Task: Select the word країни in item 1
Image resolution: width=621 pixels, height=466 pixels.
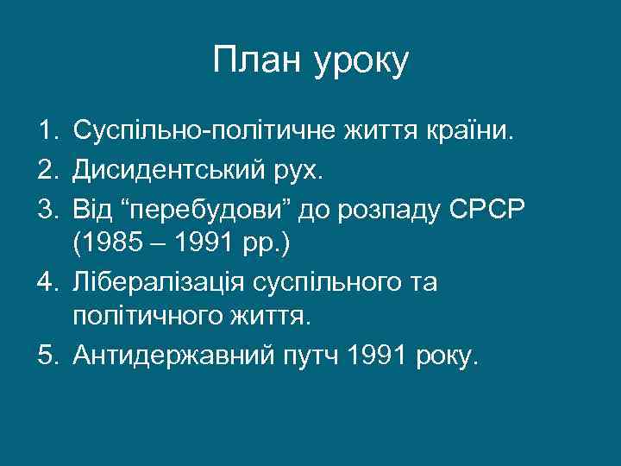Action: click(x=469, y=133)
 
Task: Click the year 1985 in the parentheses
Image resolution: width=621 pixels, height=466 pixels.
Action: click(x=112, y=246)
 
